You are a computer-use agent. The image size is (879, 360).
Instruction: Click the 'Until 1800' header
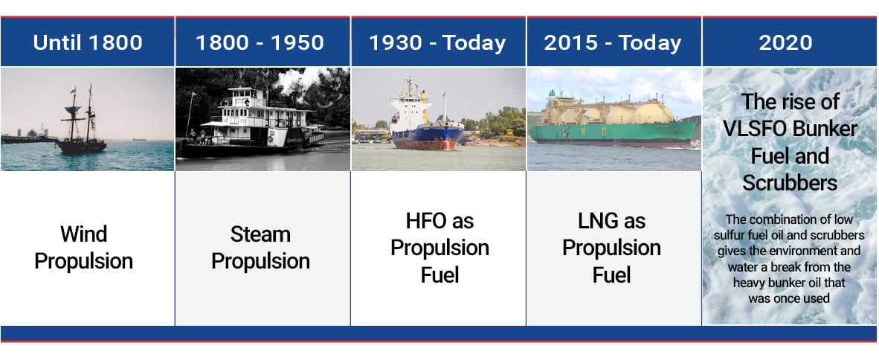pos(88,42)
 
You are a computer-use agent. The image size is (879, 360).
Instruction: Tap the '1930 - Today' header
pos(439,42)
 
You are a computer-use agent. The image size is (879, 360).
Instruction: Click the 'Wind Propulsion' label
pos(84,248)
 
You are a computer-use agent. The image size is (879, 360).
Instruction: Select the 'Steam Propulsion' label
pos(260,248)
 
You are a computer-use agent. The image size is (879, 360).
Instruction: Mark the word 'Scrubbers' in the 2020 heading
pos(790,182)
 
